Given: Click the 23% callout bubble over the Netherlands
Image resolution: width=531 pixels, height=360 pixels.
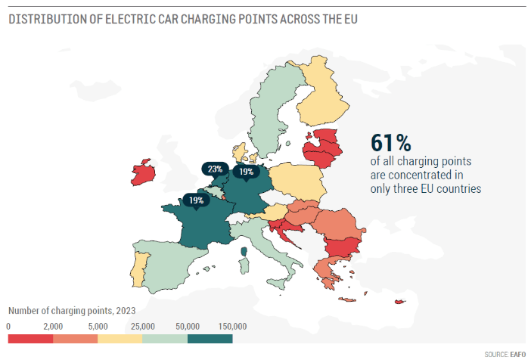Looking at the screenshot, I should [213, 169].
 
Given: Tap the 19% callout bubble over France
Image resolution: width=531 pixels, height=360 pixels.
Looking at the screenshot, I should [195, 200].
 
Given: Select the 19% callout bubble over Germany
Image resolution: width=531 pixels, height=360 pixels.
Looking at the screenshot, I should [246, 172].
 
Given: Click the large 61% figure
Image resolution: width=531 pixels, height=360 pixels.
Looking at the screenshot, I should [390, 143].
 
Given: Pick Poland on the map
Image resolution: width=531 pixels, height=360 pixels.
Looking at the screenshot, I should [297, 181].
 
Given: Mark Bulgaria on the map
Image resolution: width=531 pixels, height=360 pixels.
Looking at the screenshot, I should [342, 247].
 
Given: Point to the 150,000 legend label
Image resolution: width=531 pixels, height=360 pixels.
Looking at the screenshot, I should [233, 326].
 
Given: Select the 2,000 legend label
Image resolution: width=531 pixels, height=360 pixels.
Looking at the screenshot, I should [54, 326].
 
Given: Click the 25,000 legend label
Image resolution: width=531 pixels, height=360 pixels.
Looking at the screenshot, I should [143, 326].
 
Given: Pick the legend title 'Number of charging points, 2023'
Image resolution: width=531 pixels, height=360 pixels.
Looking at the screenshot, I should [72, 311].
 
